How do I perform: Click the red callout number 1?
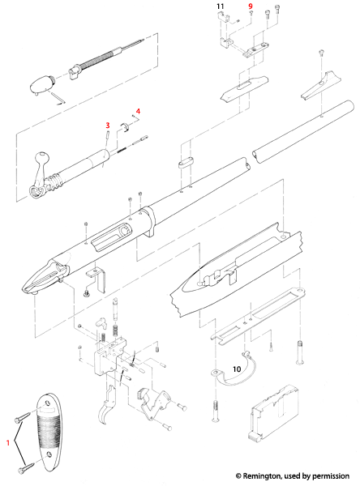click(x=8, y=443)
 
